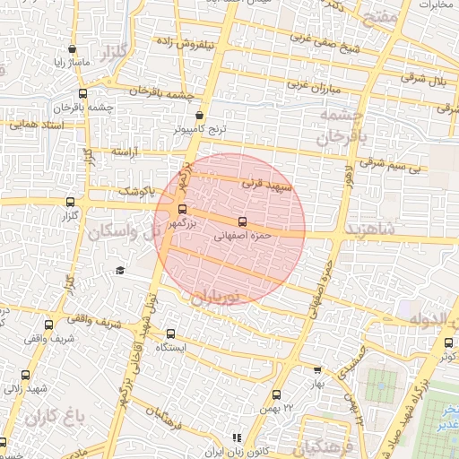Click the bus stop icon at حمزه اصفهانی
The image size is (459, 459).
pos(242,221)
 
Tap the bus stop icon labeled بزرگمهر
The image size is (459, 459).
pos(183,210)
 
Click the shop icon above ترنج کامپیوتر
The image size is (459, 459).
pos(199,116)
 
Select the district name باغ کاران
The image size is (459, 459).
pos(55,416)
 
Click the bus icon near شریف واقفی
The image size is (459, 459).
pos(48,325)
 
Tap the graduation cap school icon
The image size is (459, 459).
pos(120,271)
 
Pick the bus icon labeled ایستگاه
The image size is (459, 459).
pos(170,333)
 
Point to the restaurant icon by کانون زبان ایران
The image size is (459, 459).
pos(237,437)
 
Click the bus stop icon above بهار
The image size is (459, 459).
pos(316,369)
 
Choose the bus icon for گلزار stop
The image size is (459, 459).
pos(71,202)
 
